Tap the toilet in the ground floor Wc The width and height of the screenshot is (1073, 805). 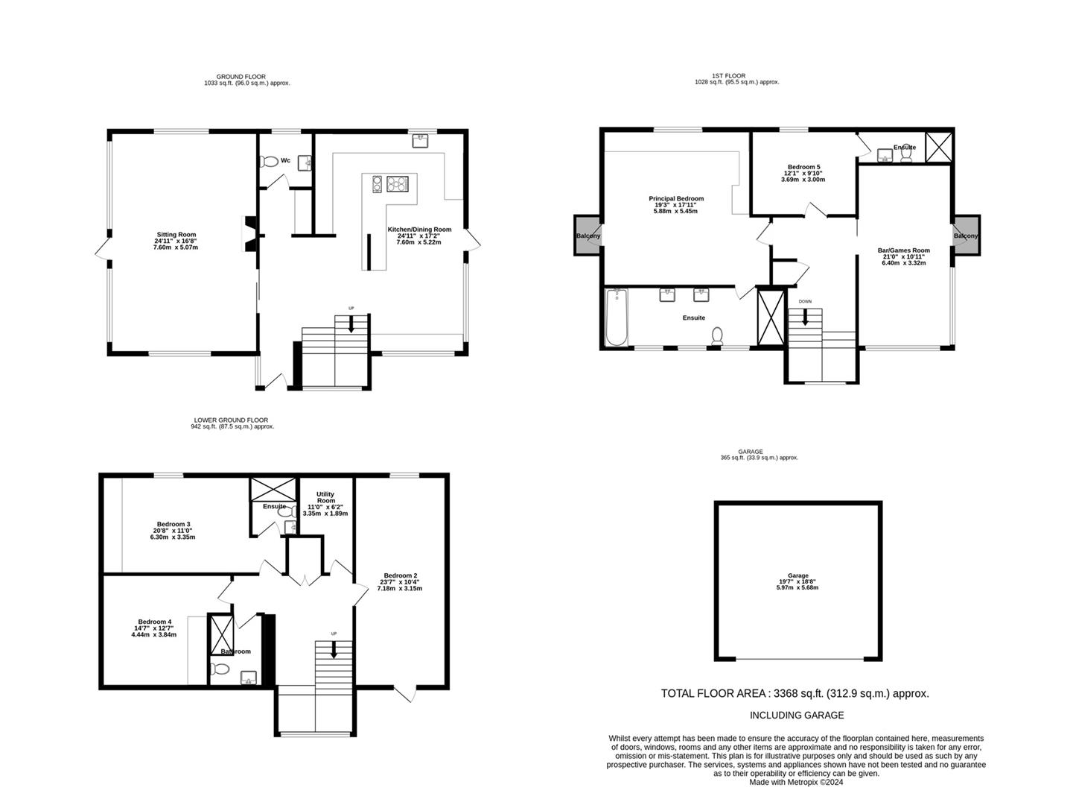pos(268,161)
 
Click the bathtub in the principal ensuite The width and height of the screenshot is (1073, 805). pos(617,317)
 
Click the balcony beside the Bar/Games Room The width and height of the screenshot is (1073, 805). pos(967,235)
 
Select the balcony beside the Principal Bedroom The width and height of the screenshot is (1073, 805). pos(588,236)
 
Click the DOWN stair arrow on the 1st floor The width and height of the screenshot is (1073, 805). pos(805,318)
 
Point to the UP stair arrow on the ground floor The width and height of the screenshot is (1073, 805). pos(351,324)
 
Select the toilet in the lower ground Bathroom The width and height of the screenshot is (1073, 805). pos(220,668)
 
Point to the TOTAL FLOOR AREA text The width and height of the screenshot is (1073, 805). pos(795,693)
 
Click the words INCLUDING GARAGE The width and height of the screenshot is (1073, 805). pos(797,715)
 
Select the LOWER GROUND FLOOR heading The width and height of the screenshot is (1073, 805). pos(232,420)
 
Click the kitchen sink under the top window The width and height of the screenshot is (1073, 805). pos(420,141)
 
